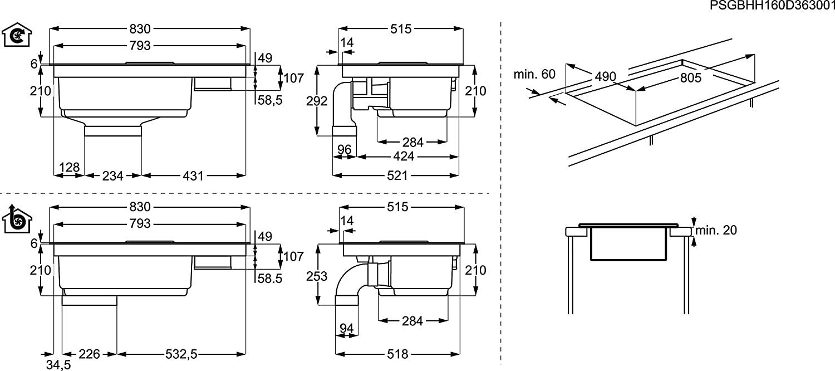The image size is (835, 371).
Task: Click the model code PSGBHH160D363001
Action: (773, 6)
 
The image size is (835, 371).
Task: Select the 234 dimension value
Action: (113, 176)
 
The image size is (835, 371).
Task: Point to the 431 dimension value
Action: (193, 176)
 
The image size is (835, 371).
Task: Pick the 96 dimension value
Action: (344, 149)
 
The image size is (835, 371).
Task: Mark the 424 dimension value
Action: (404, 157)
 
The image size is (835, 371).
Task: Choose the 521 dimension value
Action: (398, 176)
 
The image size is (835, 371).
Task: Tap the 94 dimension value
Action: (346, 329)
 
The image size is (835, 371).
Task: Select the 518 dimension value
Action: (397, 354)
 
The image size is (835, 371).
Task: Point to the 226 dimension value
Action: (89, 354)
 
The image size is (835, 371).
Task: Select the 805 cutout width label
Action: (691, 78)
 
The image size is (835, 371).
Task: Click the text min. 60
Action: (534, 74)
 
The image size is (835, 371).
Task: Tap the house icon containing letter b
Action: (16, 219)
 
